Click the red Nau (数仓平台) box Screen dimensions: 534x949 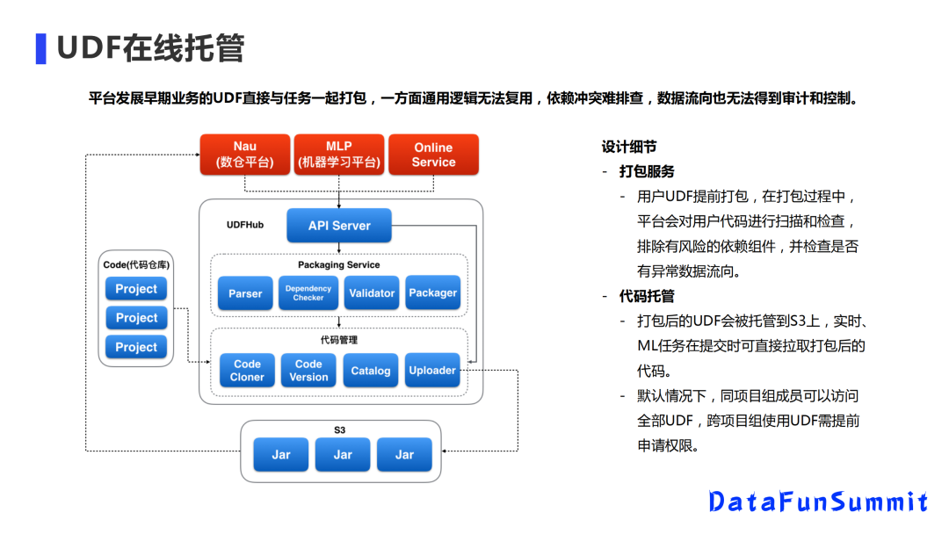click(245, 155)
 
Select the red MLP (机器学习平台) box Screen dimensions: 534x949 click(339, 155)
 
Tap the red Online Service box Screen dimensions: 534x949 click(433, 155)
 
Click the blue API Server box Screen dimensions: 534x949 click(339, 226)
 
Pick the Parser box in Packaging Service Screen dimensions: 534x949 click(245, 293)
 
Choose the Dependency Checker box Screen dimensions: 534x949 click(308, 293)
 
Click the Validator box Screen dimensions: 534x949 click(371, 293)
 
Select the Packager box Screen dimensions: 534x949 click(433, 293)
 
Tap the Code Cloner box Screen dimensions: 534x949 click(247, 371)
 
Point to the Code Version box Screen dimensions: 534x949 click(308, 371)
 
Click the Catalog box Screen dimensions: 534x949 click(371, 371)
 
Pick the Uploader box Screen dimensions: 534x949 click(432, 371)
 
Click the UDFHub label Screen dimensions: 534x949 click(245, 225)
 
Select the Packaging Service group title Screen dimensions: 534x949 click(339, 264)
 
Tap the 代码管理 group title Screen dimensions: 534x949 click(339, 339)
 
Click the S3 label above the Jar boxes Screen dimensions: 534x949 click(339, 430)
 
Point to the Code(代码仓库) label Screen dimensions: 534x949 click(136, 264)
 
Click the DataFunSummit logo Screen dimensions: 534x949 click(818, 502)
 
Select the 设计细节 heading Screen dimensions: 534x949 click(629, 147)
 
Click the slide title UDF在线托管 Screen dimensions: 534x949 click(150, 48)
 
